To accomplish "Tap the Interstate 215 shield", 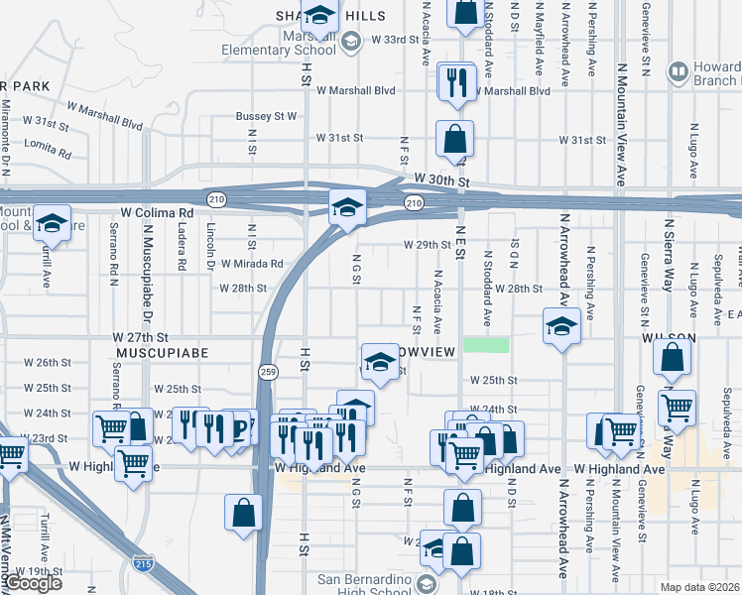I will click(142, 564).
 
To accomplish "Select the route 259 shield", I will click(269, 371).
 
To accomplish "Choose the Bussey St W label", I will click(266, 116).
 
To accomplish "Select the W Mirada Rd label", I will click(252, 264).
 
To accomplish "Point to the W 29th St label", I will click(427, 244).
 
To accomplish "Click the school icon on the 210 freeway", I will click(348, 208).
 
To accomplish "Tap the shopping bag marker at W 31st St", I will click(454, 139).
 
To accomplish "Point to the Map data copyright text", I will click(699, 587).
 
